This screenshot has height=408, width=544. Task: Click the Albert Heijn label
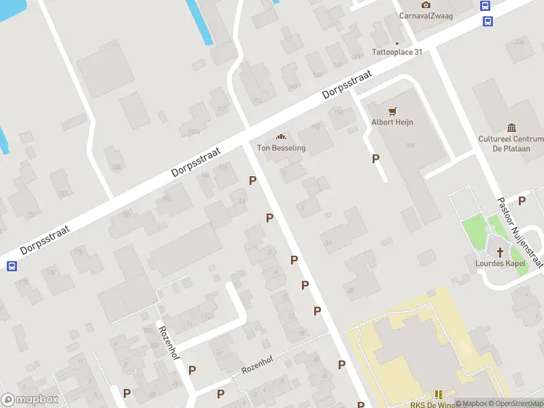click(x=392, y=122)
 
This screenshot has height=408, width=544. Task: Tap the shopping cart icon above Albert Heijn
click(x=392, y=111)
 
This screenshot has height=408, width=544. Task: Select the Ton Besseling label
click(x=281, y=148)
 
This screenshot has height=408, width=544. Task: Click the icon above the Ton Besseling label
click(x=281, y=137)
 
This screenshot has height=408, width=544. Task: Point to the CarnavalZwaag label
click(x=426, y=16)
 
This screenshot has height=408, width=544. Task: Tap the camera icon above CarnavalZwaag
click(x=426, y=5)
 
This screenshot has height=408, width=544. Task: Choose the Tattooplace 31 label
click(x=397, y=52)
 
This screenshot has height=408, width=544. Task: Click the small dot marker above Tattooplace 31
click(x=397, y=43)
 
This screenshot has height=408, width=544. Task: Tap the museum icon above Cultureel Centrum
click(x=511, y=127)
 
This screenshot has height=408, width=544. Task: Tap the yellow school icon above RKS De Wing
click(x=439, y=394)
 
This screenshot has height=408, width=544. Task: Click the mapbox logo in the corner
click(x=30, y=400)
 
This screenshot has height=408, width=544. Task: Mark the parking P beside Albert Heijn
click(x=375, y=158)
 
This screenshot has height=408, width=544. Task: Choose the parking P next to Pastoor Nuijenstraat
click(x=522, y=201)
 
